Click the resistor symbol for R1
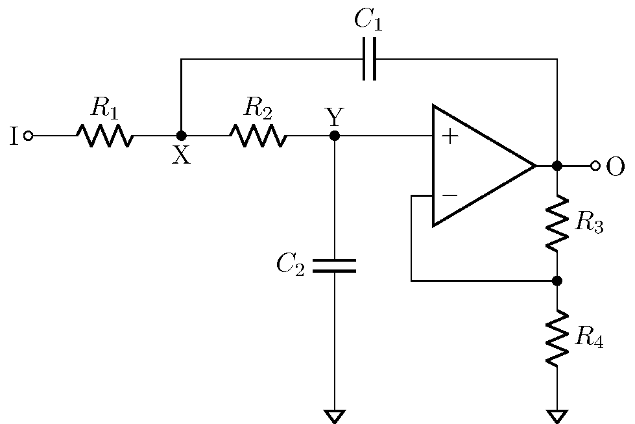104,136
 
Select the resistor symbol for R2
258,136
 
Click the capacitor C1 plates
369,59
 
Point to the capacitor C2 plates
335,265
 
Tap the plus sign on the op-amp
449,137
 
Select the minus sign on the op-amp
449,195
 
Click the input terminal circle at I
28,136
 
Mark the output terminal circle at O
595,166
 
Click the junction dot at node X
182,136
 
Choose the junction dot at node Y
335,136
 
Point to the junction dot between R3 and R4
557,281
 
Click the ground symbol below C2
335,416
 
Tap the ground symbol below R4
557,416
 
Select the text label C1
368,19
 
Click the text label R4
589,338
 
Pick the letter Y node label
333,117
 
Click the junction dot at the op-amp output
557,166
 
